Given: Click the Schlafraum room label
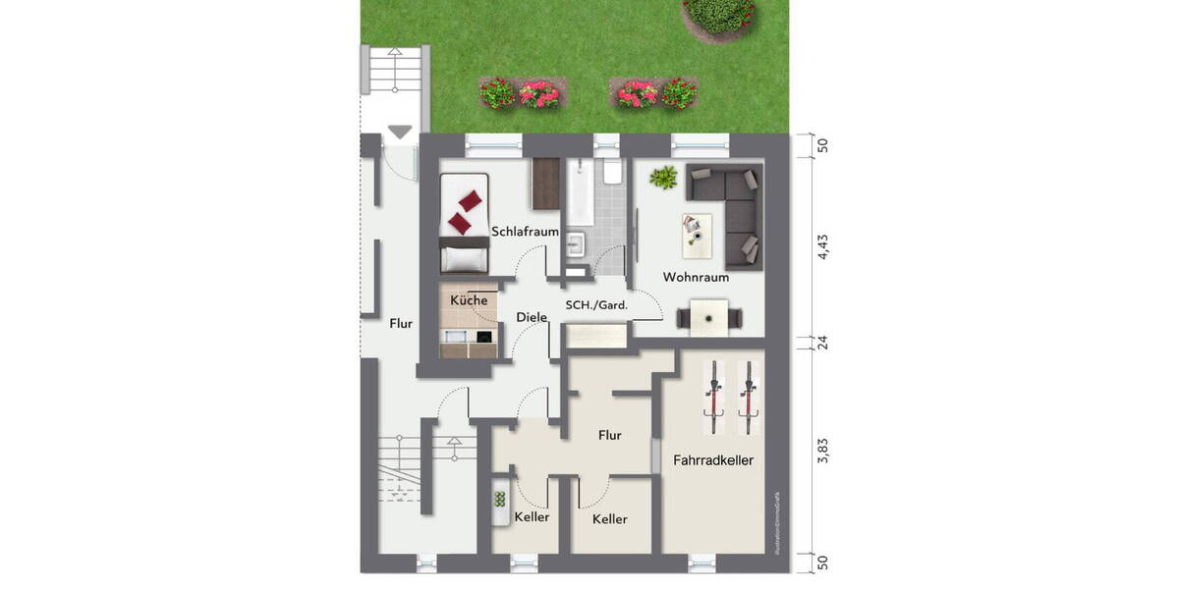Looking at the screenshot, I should [x=527, y=232].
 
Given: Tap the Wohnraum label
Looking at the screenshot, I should [x=696, y=277].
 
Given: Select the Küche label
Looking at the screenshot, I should [x=469, y=299].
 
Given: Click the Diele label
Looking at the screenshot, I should [x=531, y=317].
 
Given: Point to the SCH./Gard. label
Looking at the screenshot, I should [x=596, y=305].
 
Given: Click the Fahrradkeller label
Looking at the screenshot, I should [x=713, y=459].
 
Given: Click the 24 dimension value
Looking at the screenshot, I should [x=823, y=343].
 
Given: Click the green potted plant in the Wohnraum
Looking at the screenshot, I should [x=664, y=179].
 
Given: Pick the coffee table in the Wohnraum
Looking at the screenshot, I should [x=696, y=230].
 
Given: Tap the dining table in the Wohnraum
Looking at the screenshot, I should [x=708, y=317].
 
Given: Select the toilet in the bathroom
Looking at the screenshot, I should [x=613, y=175].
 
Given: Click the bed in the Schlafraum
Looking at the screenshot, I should [x=465, y=224].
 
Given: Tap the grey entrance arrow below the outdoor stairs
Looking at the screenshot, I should [x=400, y=132].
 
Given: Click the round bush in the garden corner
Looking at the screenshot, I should [x=719, y=13].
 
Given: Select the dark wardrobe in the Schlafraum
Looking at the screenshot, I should [x=545, y=183].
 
